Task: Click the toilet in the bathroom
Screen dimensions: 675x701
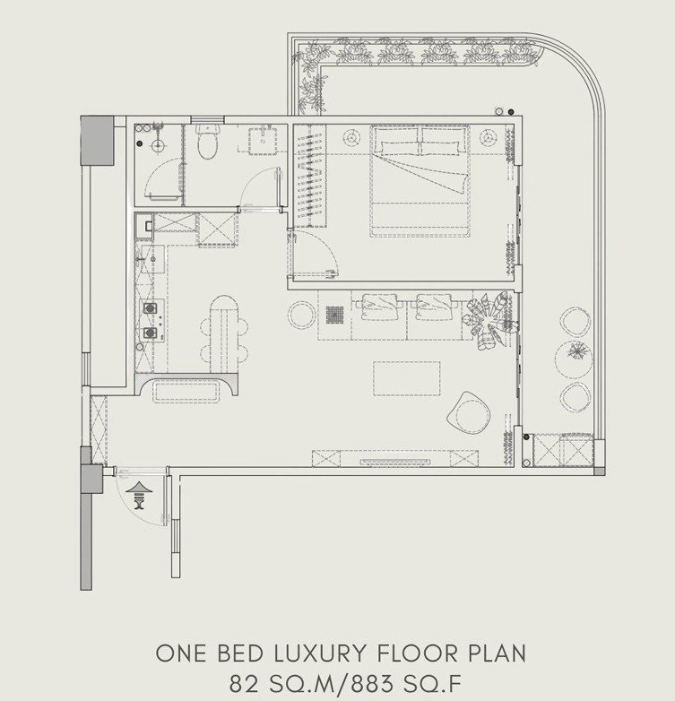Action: pyautogui.click(x=207, y=142)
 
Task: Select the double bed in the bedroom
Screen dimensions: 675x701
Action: pyautogui.click(x=420, y=180)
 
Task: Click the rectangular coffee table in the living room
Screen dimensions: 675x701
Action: pyautogui.click(x=406, y=378)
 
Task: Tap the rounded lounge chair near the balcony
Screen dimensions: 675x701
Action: pyautogui.click(x=469, y=412)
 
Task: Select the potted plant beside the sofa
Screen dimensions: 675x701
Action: pyautogui.click(x=489, y=319)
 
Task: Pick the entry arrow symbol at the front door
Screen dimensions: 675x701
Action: pyautogui.click(x=139, y=495)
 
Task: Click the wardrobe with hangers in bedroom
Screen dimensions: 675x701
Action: pyautogui.click(x=310, y=176)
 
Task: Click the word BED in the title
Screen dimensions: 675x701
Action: pyautogui.click(x=240, y=653)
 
